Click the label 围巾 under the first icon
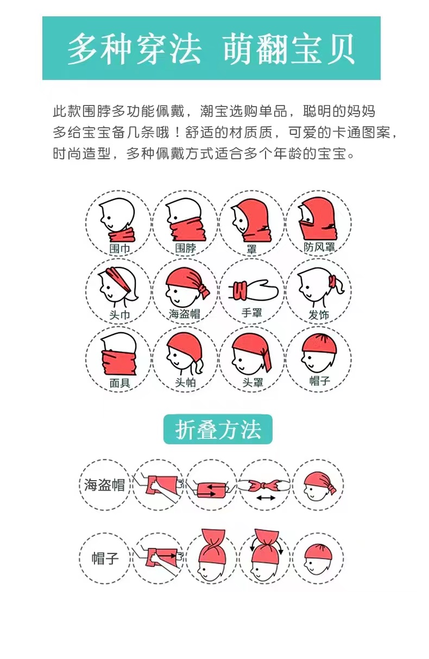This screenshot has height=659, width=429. pos(119,248)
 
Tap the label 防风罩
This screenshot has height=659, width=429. pos(319,247)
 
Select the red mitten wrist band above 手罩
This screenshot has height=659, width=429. pos(241,289)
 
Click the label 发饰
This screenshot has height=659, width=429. pos(319,315)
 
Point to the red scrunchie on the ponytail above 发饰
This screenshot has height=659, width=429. pos(333,282)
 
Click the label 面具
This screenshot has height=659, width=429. pos(119,383)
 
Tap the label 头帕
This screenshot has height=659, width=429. pos(185,382)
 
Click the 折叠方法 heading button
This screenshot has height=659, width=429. pos(218,430)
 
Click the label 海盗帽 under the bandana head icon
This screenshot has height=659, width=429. pos(185,314)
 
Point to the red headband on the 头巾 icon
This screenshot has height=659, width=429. pos(121,278)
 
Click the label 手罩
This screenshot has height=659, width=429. pos(252,313)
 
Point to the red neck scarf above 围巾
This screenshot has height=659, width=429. pos(123,235)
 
